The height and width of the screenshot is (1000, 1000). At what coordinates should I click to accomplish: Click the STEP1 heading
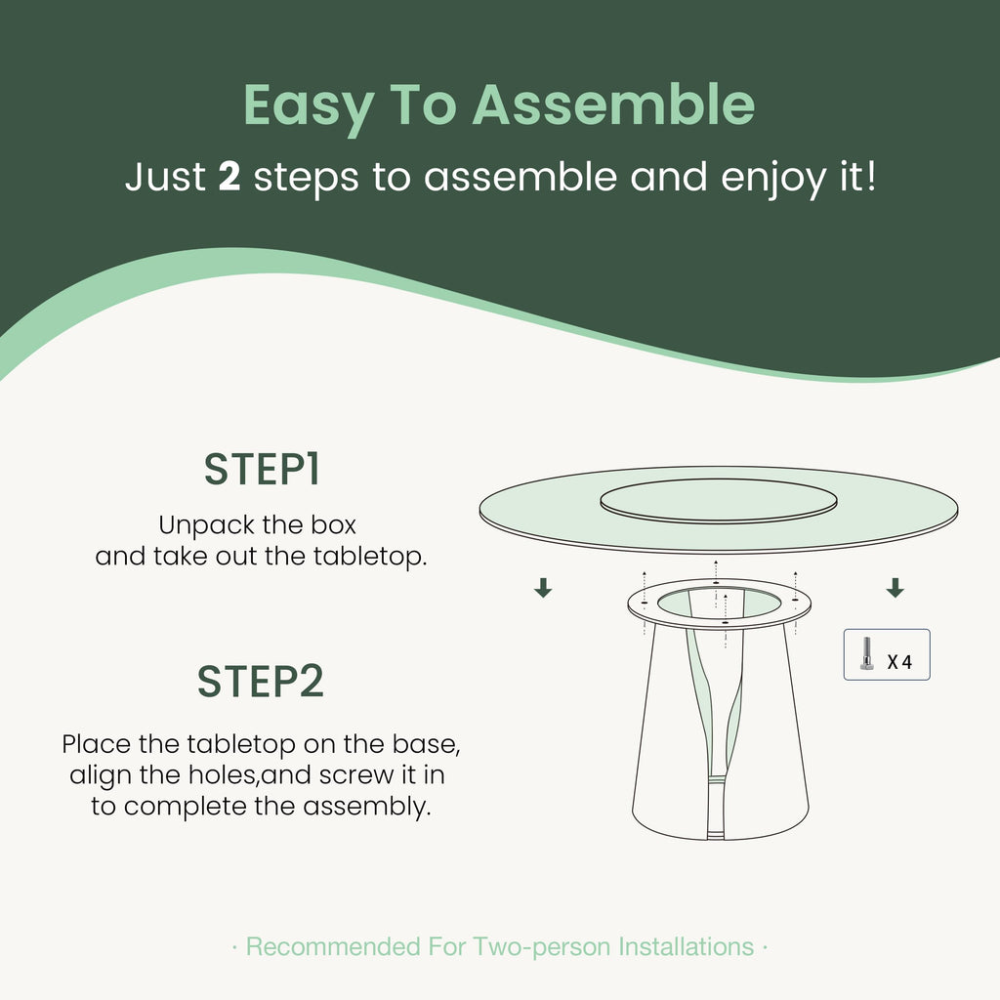tap(262, 470)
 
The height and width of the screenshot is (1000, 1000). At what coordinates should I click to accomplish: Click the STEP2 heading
tap(261, 681)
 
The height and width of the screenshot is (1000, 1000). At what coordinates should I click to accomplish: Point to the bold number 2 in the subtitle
tap(229, 176)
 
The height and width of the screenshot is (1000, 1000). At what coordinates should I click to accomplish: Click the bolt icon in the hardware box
tap(866, 654)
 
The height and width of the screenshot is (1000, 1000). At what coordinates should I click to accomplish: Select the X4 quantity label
tap(899, 662)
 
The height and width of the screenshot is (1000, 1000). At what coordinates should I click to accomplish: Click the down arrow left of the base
tap(543, 587)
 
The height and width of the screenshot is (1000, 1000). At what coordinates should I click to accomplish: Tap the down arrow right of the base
tap(895, 587)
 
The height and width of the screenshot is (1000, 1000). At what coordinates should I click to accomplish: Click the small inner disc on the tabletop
tap(718, 501)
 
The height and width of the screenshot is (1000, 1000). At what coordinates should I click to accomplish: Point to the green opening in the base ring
tap(719, 604)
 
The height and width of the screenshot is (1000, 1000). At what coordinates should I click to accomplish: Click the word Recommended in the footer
tap(333, 947)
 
